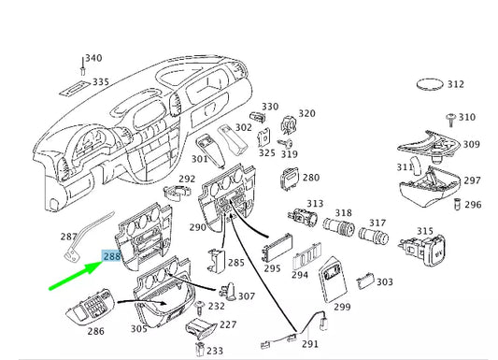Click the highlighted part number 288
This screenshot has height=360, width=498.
111,256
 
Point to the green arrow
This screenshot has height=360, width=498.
77,275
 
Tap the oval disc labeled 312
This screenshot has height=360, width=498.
430,84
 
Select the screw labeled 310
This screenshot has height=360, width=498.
451,120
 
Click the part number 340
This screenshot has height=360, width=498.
93,58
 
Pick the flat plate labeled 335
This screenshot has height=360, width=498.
75,89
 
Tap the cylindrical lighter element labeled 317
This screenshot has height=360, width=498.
373,235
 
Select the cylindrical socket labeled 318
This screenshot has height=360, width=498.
338,225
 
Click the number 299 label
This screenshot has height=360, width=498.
342,307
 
